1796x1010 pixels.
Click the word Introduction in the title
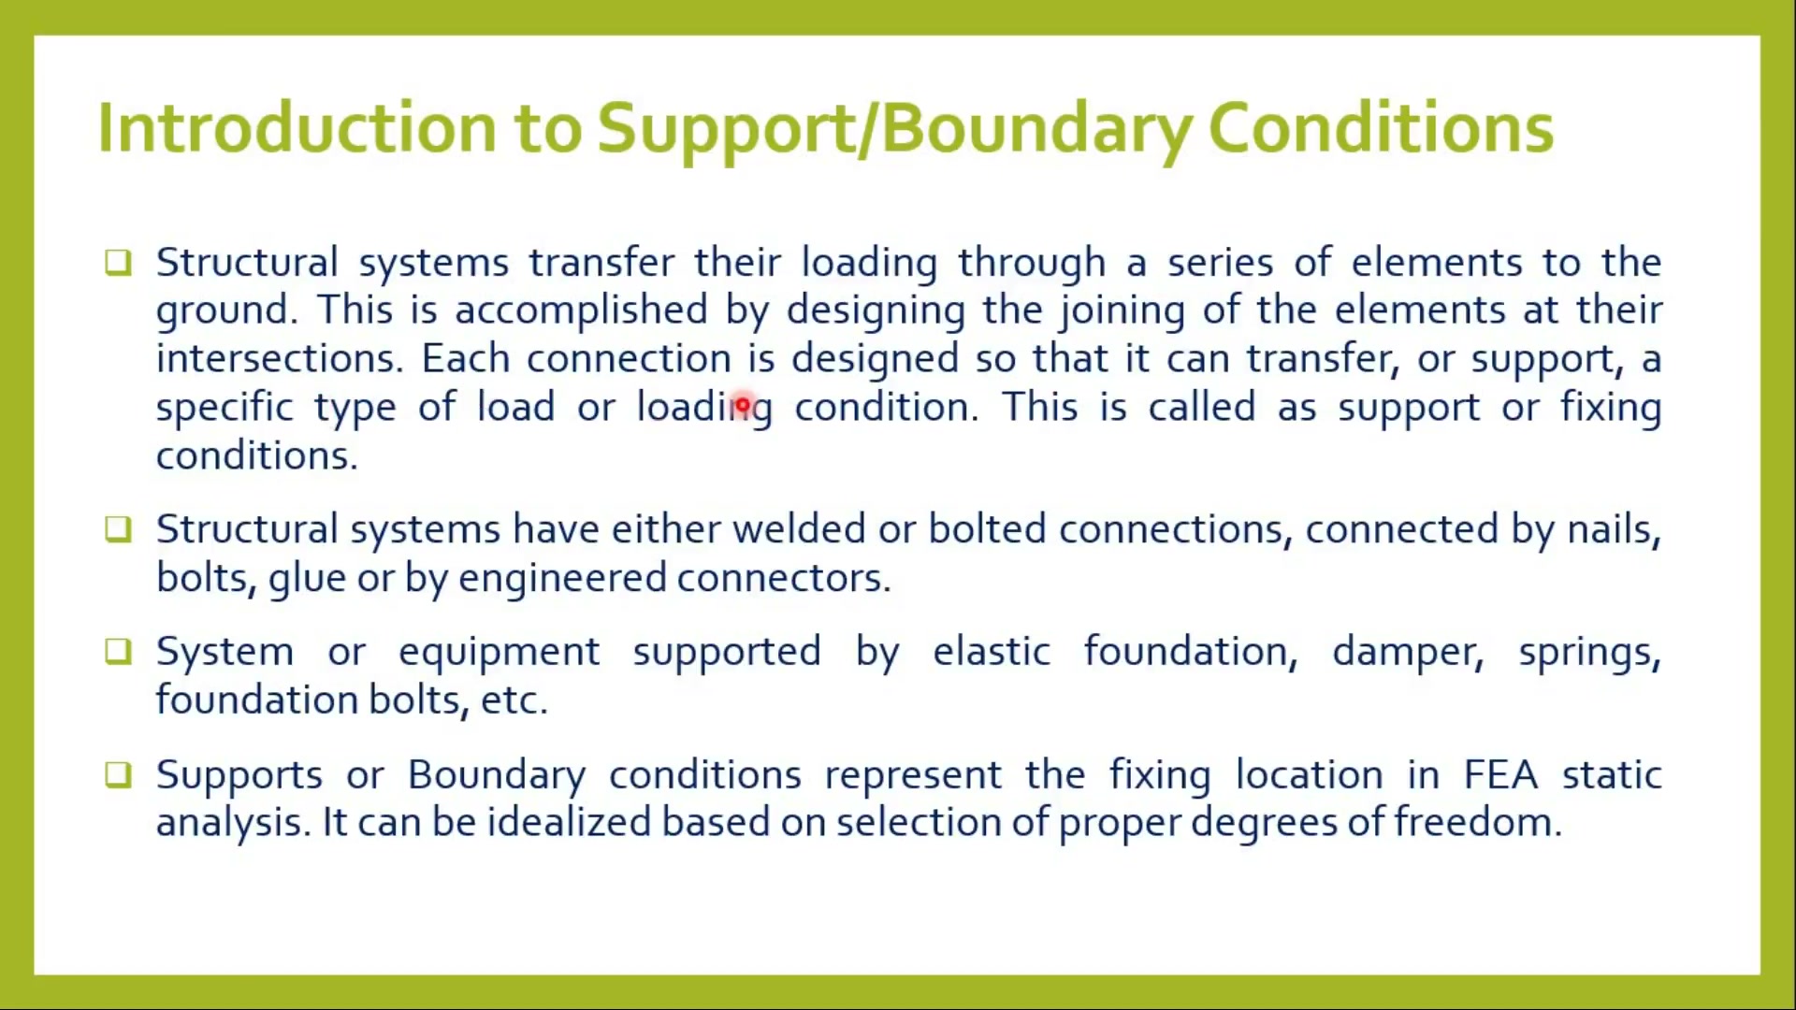click(x=297, y=127)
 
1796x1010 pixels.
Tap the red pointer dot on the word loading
click(x=742, y=406)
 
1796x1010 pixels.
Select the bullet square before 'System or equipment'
click(x=118, y=651)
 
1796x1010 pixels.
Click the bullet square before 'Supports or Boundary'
click(x=118, y=774)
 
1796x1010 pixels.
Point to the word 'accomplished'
click(x=581, y=310)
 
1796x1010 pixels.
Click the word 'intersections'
click(x=279, y=358)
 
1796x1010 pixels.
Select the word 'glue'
click(x=307, y=579)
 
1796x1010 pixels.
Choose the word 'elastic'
click(x=992, y=651)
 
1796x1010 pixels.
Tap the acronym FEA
click(x=1500, y=775)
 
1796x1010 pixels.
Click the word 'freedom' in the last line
click(x=1478, y=822)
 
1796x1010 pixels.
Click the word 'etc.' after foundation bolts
click(x=514, y=700)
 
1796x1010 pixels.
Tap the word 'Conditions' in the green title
click(x=1381, y=127)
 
